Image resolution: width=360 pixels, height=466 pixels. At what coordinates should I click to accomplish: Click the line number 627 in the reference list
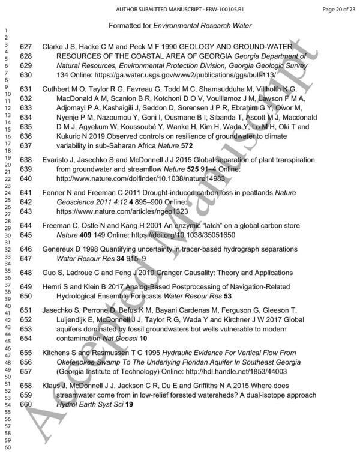(26, 46)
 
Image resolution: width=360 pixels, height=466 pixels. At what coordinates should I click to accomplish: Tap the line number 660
(26, 405)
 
